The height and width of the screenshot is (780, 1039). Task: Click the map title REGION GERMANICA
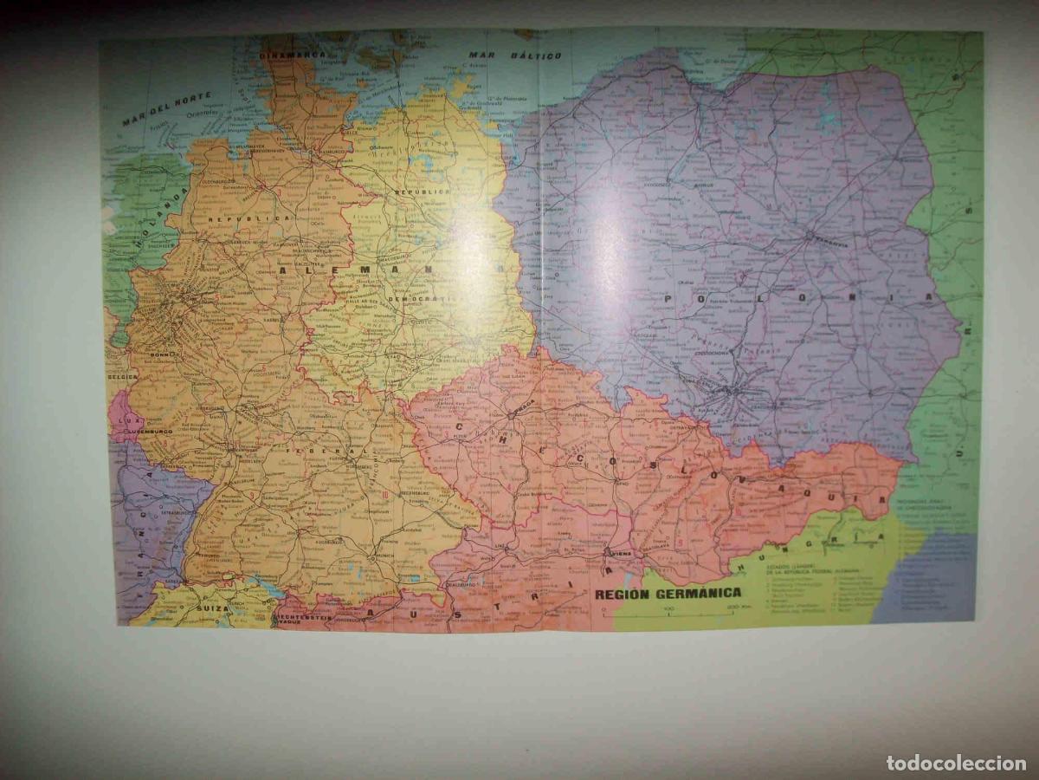[668, 593]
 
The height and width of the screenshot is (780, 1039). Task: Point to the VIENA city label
[621, 552]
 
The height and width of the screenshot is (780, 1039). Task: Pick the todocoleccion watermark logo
[956, 763]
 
